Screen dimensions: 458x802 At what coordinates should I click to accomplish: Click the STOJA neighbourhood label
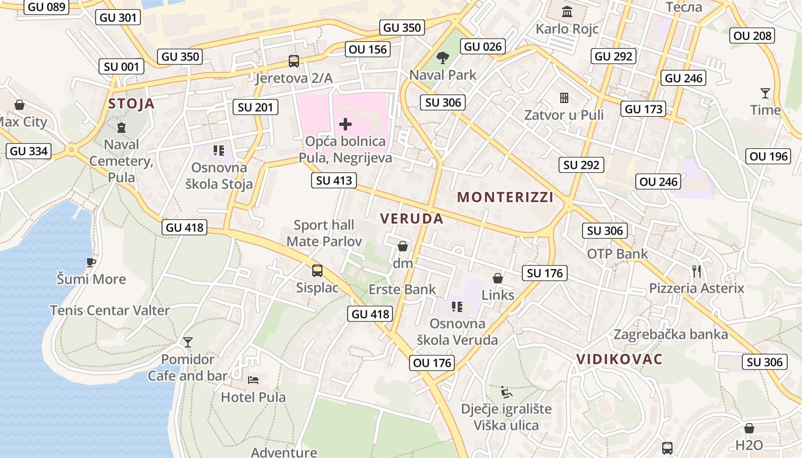tap(131, 104)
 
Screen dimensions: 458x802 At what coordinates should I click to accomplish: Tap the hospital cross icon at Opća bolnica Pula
tap(345, 123)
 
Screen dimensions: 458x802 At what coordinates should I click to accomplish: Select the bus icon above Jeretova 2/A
tap(293, 61)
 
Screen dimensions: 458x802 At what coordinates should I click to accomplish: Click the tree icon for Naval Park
tap(442, 57)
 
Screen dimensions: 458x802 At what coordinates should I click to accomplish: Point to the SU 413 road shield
tap(335, 180)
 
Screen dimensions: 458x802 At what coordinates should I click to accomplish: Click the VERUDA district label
tap(412, 218)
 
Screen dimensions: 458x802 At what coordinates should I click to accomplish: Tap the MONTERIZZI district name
tap(505, 198)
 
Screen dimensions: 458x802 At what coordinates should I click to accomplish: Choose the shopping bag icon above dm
tap(403, 246)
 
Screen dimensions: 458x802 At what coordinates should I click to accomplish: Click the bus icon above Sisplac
tap(317, 270)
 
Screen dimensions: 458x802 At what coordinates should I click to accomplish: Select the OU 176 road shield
tap(433, 362)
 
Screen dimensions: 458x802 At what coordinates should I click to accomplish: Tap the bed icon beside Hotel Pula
tap(253, 380)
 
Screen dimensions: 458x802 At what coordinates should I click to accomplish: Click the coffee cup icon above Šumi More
tap(91, 262)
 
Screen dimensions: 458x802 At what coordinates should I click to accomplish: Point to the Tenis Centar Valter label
tap(110, 310)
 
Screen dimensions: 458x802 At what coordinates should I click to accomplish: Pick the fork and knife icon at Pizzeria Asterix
tap(697, 271)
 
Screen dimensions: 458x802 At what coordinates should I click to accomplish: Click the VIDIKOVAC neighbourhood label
tap(619, 360)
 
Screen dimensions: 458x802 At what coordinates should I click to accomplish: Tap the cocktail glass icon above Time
tap(765, 93)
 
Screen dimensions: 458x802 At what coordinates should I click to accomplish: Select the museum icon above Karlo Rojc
tap(567, 11)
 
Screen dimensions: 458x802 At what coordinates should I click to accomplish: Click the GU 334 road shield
tap(29, 151)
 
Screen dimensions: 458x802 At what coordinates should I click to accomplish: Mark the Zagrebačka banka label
tap(671, 334)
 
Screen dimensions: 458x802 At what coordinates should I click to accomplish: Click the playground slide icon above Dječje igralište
tap(506, 392)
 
